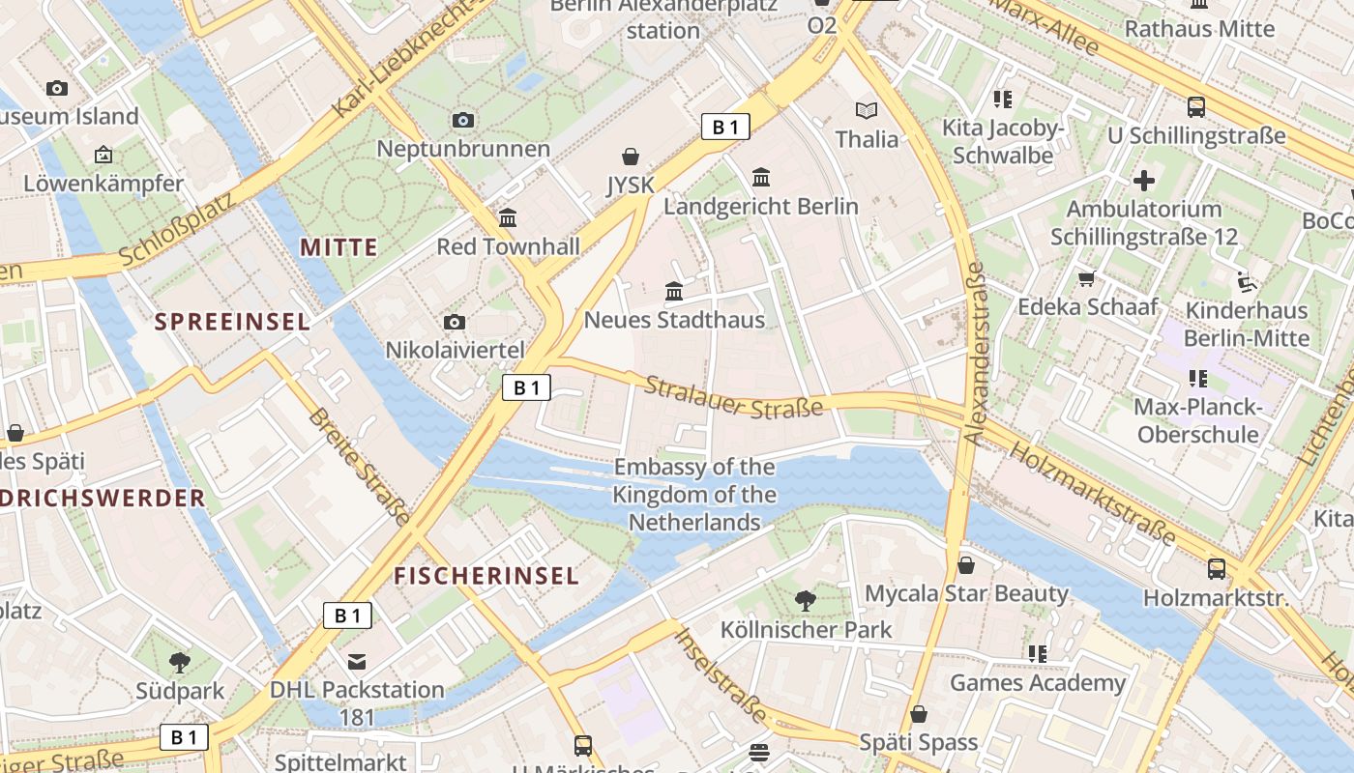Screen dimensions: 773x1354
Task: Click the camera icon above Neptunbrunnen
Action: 463,120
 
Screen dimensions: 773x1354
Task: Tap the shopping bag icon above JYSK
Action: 631,157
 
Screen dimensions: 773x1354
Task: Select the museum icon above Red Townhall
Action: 508,217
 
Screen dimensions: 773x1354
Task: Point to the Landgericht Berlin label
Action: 760,206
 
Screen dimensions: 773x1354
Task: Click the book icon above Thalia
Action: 866,111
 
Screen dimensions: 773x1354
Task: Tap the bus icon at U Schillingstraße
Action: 1196,107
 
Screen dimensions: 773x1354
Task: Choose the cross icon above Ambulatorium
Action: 1144,181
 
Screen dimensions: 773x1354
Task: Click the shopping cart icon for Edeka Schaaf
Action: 1086,279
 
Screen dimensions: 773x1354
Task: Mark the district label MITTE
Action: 338,247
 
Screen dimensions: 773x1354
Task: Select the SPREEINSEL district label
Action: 232,322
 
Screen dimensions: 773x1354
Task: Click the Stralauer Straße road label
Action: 733,397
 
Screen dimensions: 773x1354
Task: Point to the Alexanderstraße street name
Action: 974,353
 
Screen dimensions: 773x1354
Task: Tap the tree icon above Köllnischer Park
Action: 805,601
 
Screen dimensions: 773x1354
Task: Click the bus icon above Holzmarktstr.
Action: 1216,569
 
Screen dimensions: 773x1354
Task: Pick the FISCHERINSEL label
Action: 486,576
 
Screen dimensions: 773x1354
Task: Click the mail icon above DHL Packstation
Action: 357,661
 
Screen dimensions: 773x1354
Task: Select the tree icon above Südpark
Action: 179,662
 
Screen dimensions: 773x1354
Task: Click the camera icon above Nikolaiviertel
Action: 454,322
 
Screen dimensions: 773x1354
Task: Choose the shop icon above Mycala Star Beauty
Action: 965,565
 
